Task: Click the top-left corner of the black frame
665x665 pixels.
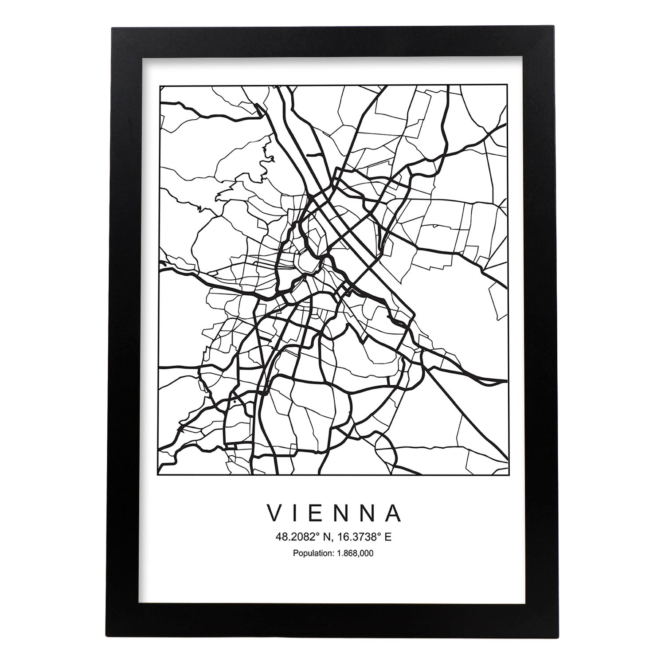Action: (x=113, y=28)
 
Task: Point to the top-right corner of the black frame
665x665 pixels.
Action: (x=553, y=28)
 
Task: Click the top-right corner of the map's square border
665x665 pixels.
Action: (x=508, y=86)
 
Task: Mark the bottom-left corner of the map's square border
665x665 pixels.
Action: (x=159, y=475)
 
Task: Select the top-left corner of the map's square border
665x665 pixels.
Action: (x=159, y=86)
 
